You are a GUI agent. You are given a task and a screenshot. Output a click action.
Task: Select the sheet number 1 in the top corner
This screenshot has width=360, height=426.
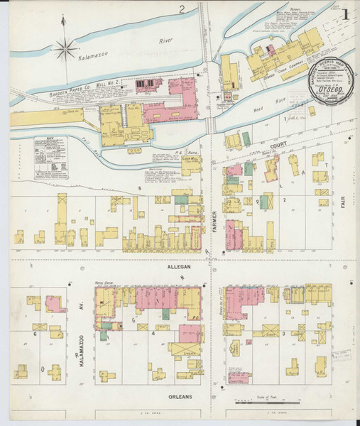point(345,13)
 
